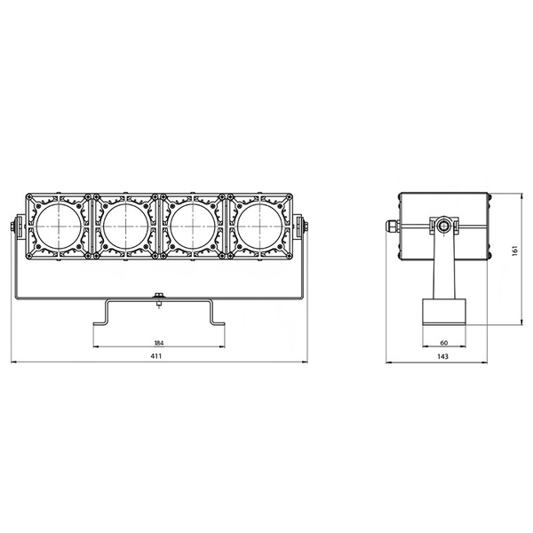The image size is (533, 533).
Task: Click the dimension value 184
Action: click(x=158, y=342)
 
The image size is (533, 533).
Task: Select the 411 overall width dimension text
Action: click(x=158, y=356)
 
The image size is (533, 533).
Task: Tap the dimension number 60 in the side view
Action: click(x=442, y=342)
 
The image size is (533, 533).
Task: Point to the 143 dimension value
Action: click(x=442, y=356)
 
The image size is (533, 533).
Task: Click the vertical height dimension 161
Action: click(x=515, y=252)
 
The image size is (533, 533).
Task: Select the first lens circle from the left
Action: click(x=58, y=227)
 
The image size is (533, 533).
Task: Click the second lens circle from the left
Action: click(x=125, y=227)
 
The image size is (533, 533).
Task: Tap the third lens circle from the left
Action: click(x=192, y=227)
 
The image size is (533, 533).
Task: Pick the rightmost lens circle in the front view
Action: click(x=259, y=227)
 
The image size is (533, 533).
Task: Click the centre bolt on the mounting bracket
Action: click(x=158, y=299)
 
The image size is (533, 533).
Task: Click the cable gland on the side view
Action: click(x=391, y=227)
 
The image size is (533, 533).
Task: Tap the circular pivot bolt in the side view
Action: click(x=442, y=227)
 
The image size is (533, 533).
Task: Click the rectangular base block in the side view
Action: click(x=442, y=314)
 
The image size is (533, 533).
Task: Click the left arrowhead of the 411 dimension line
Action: click(x=13, y=362)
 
